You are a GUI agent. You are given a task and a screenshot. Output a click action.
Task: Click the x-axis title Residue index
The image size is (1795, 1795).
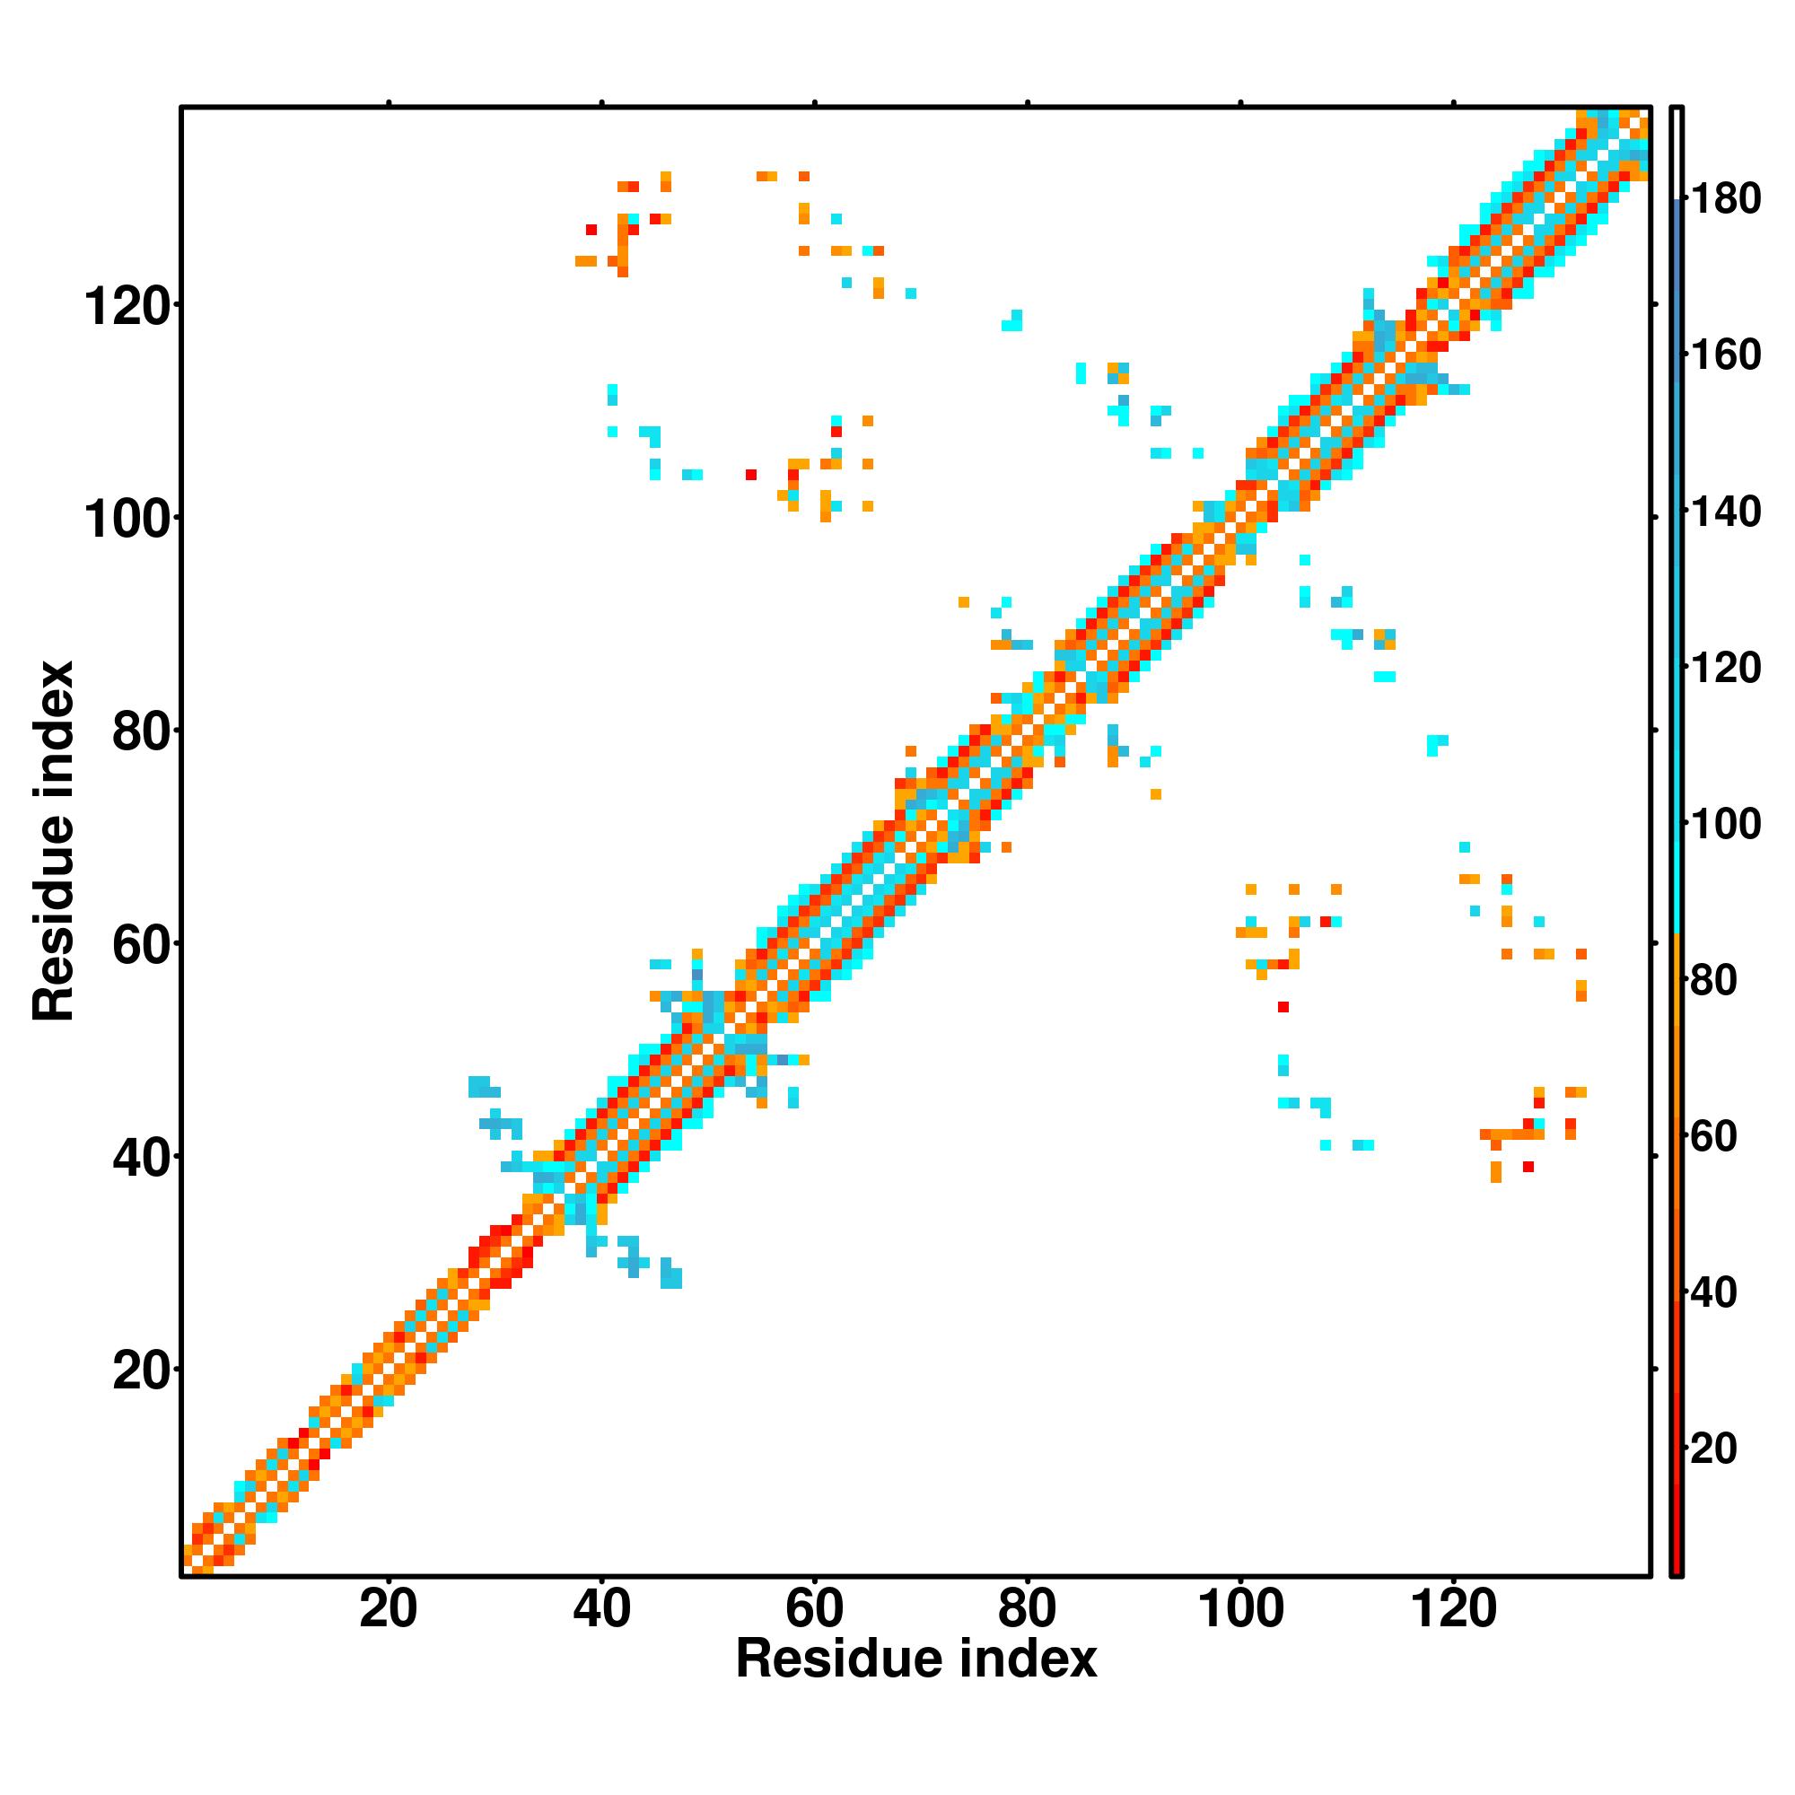tap(916, 1659)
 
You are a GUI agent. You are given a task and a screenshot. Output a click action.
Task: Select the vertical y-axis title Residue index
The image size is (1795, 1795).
tap(53, 841)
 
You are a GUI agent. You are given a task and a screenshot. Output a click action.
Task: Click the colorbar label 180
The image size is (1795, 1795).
tap(1725, 199)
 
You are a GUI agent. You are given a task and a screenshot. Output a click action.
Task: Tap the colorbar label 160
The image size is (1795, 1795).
tap(1725, 355)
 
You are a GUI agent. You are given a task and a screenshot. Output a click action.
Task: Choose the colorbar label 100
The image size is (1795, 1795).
tap(1725, 824)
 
